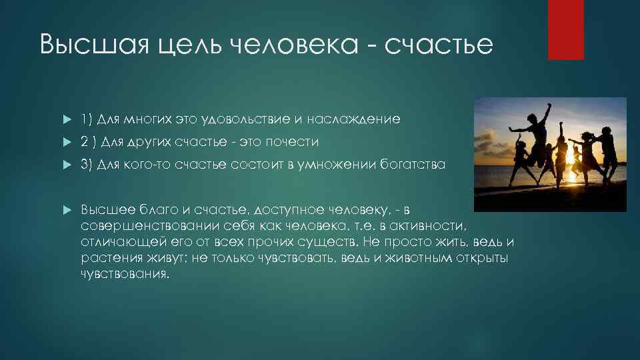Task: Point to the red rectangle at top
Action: tap(565, 30)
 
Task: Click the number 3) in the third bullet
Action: tap(87, 165)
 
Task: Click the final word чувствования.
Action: tap(125, 273)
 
